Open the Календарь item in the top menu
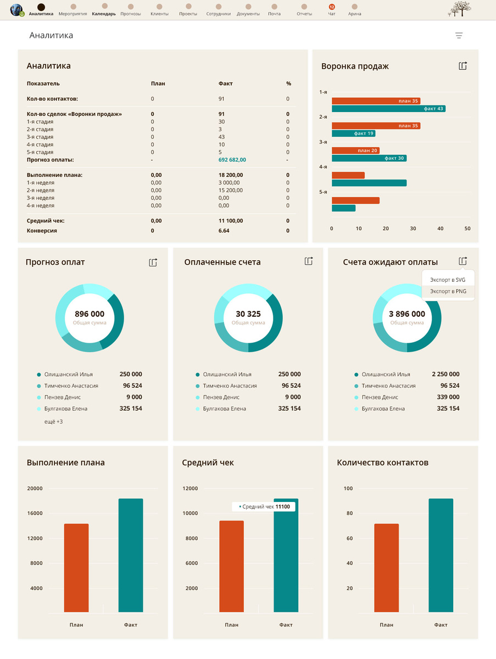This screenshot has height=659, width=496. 104,10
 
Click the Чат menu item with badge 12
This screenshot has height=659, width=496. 332,10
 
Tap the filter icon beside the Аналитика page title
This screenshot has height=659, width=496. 459,36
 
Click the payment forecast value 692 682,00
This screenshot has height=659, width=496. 232,160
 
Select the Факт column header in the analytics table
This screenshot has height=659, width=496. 225,83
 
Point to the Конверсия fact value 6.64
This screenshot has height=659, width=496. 224,231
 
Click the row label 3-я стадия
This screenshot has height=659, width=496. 40,137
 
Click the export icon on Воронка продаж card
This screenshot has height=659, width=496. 463,66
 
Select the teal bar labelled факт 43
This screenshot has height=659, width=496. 388,109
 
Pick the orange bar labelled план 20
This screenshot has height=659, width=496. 355,150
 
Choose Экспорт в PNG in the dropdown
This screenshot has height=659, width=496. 448,291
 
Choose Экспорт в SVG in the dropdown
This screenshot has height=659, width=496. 448,280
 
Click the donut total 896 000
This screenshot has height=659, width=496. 90,314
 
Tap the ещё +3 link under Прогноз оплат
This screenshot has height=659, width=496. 53,422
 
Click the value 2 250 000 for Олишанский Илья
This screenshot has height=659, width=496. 445,374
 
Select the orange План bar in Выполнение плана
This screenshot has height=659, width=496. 76,568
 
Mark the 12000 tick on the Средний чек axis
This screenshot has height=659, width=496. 190,488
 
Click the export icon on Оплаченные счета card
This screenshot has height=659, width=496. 309,261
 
